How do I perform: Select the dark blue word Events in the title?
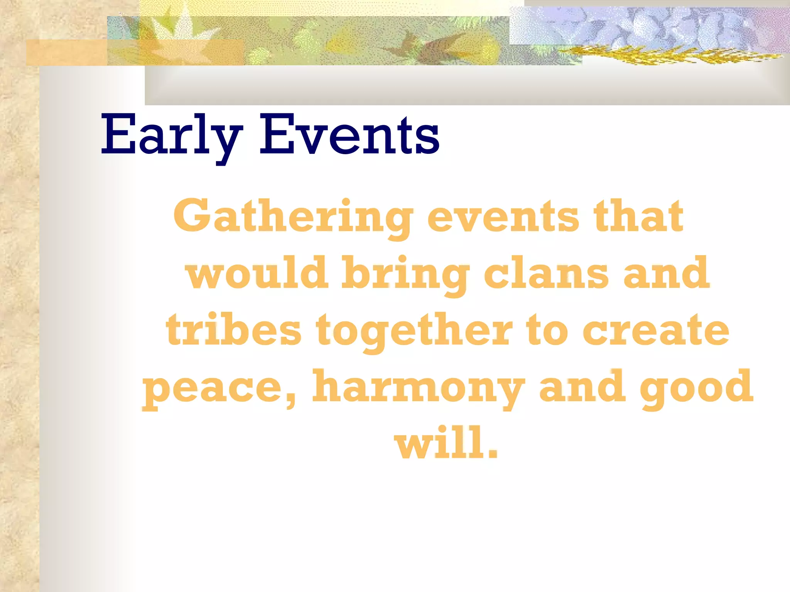(349, 135)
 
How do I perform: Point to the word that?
(638, 216)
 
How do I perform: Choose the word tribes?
(233, 330)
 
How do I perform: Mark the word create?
(655, 330)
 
